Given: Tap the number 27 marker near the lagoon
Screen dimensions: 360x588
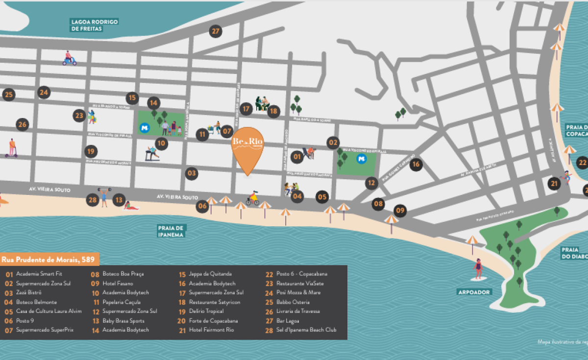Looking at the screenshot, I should click(216, 31).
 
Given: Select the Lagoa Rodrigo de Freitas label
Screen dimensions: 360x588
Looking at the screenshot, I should click(95, 25).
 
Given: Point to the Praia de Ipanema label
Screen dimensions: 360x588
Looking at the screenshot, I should click(171, 231).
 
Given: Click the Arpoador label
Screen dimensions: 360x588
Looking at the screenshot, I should click(474, 292).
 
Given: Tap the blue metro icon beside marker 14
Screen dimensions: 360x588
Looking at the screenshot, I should click(145, 128).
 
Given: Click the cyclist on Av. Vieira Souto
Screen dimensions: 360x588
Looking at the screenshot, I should click(252, 198).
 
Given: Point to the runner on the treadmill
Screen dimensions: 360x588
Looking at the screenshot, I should click(152, 153).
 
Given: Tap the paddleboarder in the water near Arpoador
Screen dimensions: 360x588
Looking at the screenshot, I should click(478, 269).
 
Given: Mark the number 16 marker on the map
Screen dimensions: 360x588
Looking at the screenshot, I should click(416, 164).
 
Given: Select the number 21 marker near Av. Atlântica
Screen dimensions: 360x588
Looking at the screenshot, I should click(554, 184).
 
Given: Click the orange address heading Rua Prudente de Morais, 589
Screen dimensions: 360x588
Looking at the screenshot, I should click(50, 259).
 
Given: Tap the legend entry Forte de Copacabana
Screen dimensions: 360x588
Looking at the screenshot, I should click(213, 321).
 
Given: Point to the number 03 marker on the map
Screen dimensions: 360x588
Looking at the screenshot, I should click(192, 173).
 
